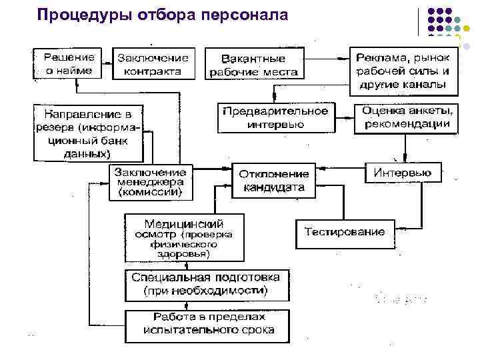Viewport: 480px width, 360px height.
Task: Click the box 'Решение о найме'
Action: point(69,63)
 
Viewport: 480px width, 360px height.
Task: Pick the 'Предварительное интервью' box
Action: point(275,117)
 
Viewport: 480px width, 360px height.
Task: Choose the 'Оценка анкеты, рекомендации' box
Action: point(406,117)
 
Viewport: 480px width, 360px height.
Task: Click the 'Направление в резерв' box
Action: point(89,132)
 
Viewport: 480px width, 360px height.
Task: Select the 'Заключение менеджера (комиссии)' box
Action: point(149,181)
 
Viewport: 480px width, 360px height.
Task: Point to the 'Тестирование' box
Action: point(345,232)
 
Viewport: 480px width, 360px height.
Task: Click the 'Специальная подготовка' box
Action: point(206,284)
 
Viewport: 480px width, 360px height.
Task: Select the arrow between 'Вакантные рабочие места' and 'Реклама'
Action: point(327,58)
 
